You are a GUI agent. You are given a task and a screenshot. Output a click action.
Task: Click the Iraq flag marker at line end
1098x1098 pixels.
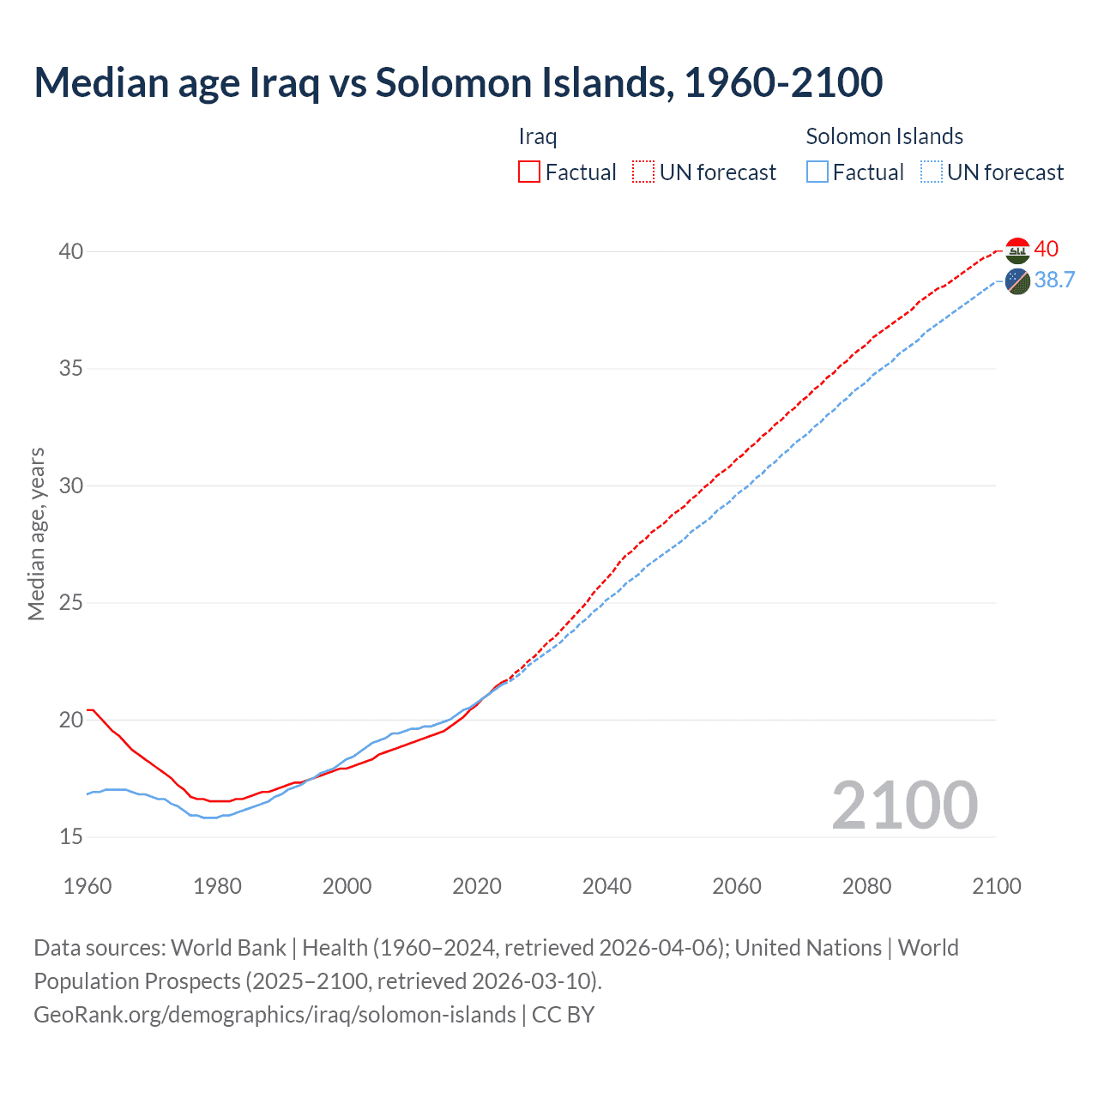pos(1017,250)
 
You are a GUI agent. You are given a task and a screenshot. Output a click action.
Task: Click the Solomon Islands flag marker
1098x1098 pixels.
pos(1017,281)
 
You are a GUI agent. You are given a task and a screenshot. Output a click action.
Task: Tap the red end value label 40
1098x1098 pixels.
pos(1046,250)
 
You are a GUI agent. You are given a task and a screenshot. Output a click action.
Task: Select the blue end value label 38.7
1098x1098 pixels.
pos(1054,281)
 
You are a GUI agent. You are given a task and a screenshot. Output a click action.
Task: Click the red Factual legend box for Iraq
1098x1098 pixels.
pos(529,172)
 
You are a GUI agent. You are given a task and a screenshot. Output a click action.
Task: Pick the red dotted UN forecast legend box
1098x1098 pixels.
pos(643,172)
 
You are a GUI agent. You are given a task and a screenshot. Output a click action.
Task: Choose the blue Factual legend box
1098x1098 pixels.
pos(817,172)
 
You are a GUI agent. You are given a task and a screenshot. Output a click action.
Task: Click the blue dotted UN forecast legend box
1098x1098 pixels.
pos(931,172)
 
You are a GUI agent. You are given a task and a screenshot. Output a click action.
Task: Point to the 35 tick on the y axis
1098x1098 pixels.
pos(70,369)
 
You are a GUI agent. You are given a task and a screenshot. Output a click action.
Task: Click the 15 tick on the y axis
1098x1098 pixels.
pos(70,836)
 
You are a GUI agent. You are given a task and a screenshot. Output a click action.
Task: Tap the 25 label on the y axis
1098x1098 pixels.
pos(70,603)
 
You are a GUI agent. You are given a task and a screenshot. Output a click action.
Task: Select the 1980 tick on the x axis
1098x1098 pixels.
pos(217,886)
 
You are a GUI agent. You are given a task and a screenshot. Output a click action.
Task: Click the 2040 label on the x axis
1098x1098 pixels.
pos(606,886)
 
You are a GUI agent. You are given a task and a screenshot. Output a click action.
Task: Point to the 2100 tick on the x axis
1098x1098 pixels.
pos(996,886)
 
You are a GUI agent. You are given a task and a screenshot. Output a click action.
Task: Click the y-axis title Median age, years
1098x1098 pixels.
pos(36,534)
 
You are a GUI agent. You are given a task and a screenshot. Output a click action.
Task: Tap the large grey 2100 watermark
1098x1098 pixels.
pos(904,805)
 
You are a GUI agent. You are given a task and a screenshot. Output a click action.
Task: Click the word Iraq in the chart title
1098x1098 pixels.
pos(284,82)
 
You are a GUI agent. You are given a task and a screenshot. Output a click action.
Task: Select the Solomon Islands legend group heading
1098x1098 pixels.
pos(884,136)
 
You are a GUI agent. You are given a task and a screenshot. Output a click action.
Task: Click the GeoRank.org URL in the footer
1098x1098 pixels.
pos(274,1015)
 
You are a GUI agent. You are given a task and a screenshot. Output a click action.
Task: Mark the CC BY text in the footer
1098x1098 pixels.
pos(564,1015)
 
